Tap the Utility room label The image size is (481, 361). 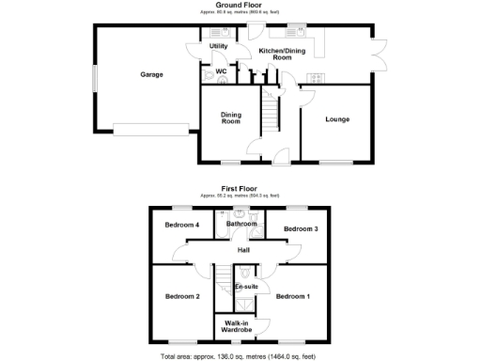pos(218,45)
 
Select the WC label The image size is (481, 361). pos(222,71)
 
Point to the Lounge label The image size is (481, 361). pos(338,118)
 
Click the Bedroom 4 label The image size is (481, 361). pos(181,225)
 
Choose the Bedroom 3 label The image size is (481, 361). pos(302,228)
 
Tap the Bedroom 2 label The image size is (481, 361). pos(183,296)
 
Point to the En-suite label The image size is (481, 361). pos(246,285)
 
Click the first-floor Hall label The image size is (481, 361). pos(243,250)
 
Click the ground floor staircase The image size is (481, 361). pos(270,117)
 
